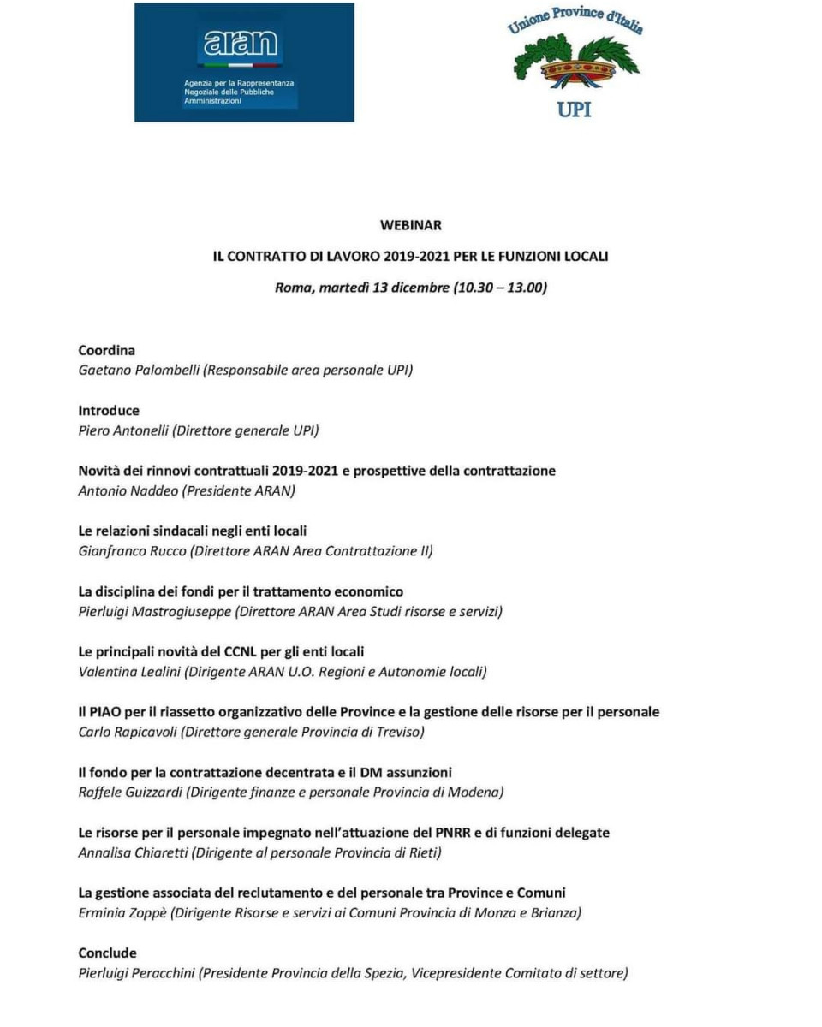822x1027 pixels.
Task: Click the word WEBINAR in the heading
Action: click(411, 225)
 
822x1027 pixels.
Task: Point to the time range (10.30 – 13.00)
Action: click(500, 288)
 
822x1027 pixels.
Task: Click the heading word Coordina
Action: click(107, 350)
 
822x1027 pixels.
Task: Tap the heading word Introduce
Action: click(109, 410)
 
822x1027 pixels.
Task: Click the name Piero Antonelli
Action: click(123, 430)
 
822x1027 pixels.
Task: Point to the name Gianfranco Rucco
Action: click(133, 551)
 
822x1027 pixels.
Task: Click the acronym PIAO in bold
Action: click(106, 711)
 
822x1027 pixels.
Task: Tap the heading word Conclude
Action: click(108, 953)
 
